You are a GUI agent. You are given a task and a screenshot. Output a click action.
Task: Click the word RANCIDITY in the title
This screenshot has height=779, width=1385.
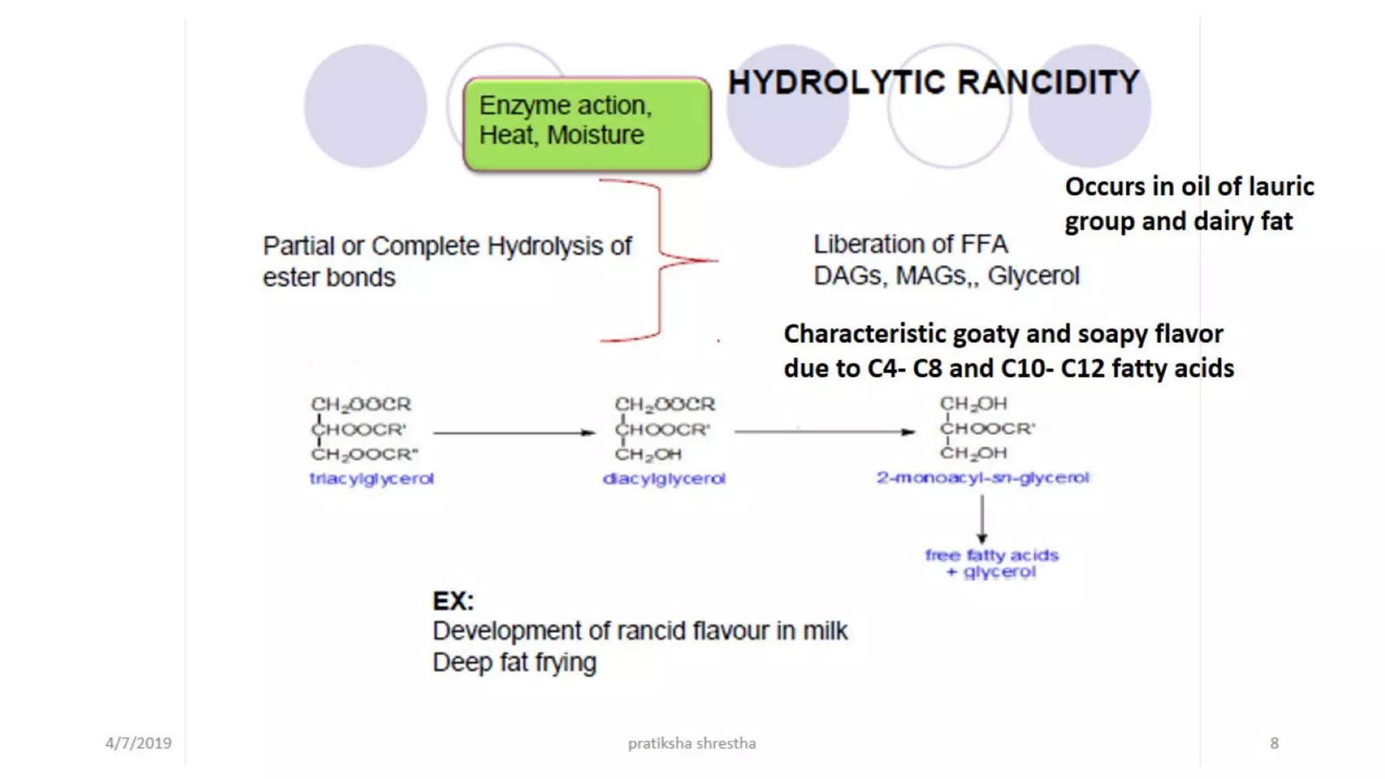[1048, 82]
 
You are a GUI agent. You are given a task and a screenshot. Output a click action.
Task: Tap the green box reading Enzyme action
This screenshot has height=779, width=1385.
[586, 123]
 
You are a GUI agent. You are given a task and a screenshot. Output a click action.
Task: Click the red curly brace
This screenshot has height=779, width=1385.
[659, 260]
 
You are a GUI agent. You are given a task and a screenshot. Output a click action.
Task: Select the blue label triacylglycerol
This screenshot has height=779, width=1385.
[371, 479]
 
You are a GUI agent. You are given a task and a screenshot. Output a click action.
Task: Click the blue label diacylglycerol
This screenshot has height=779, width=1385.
[663, 479]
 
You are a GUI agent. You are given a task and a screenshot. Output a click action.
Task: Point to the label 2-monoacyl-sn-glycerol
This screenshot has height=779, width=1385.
[983, 477]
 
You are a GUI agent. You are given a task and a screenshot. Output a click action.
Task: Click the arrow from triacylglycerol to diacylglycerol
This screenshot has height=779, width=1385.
[513, 432]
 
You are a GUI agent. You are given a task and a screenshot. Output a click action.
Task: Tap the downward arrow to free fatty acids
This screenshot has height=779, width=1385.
[982, 519]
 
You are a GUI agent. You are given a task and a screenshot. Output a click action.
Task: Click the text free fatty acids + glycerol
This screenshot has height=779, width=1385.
[991, 563]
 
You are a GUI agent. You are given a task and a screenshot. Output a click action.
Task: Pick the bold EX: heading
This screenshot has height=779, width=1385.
[453, 600]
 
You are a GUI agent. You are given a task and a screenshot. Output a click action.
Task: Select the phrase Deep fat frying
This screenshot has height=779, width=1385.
[514, 662]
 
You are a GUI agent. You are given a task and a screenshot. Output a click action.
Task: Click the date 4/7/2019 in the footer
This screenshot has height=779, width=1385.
[138, 743]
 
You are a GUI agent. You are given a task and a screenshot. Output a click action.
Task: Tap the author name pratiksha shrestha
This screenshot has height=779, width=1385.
[691, 743]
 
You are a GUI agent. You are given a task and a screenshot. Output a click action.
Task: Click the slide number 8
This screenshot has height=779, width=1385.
[1274, 743]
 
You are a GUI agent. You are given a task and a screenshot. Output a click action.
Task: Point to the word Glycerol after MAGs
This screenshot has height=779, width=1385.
[1033, 276]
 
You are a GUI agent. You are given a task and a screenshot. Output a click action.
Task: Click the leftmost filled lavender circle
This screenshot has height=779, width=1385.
[365, 106]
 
